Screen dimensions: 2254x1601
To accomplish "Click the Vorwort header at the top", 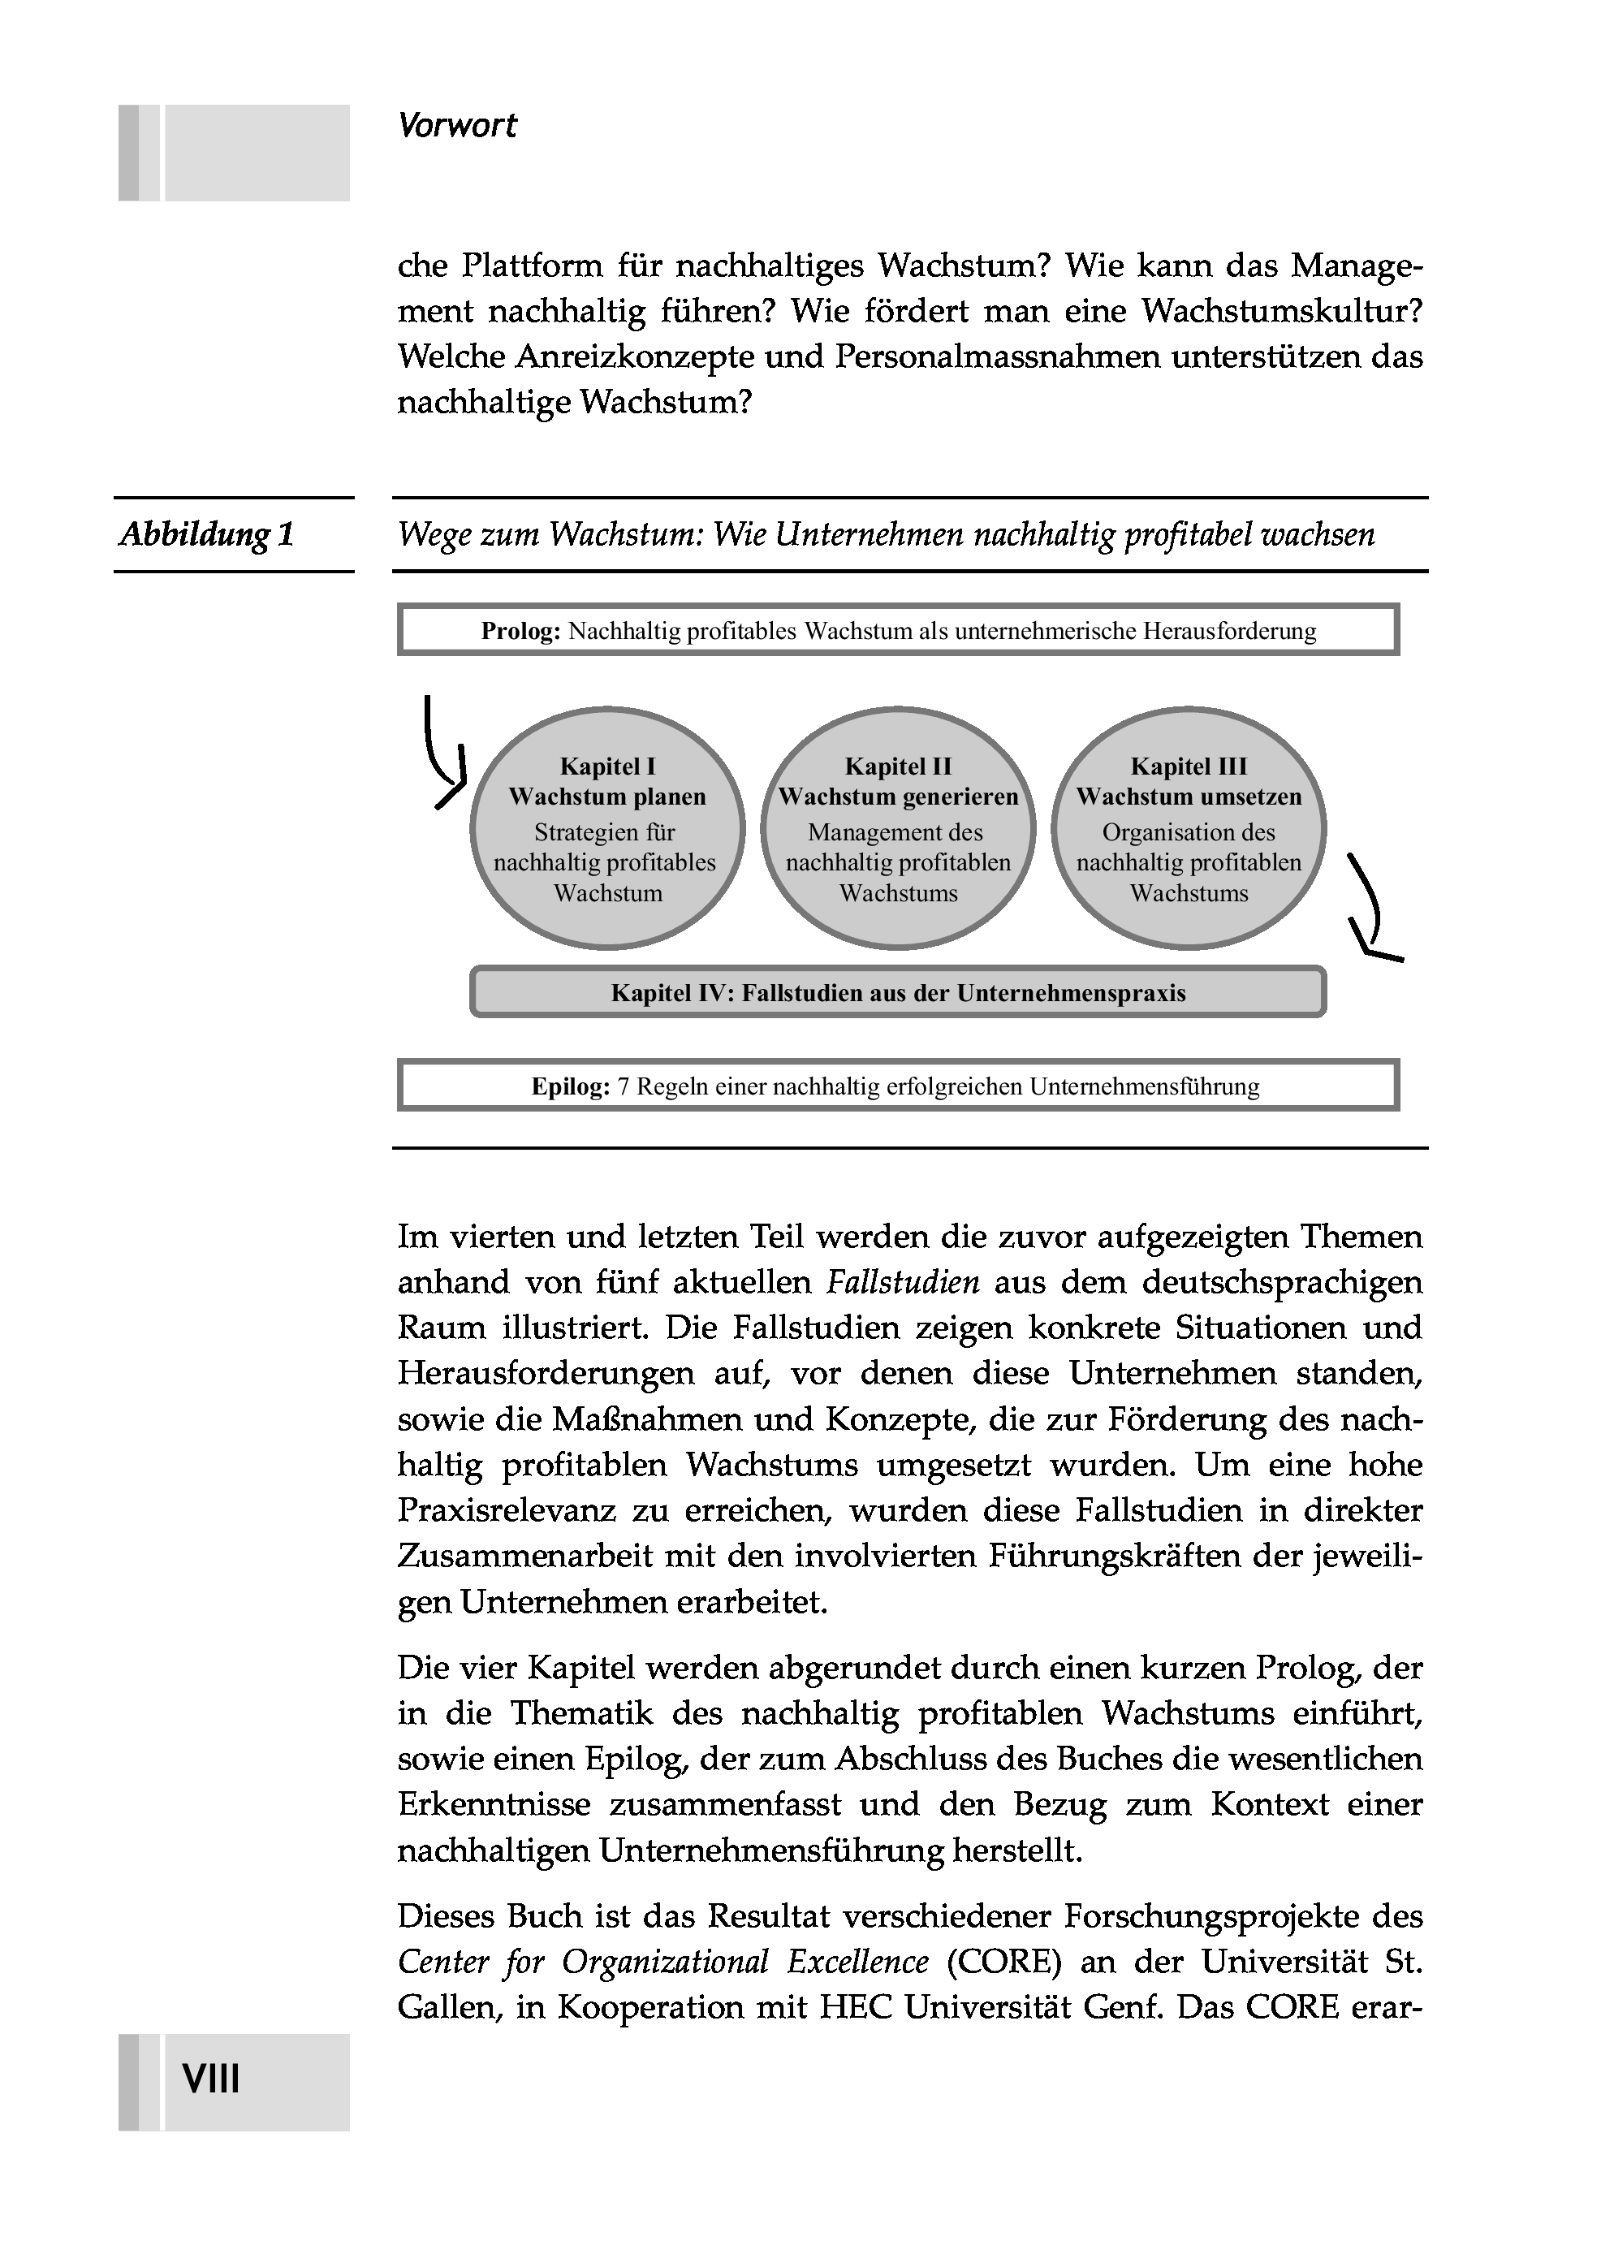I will click(x=456, y=126).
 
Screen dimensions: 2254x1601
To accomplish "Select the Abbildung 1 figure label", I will click(x=207, y=534).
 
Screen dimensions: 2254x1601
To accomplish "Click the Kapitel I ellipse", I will click(x=607, y=828).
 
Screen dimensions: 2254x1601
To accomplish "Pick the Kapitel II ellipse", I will click(x=898, y=828).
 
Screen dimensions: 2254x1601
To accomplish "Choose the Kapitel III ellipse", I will click(x=1189, y=828).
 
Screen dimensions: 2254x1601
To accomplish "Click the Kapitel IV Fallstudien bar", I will click(x=898, y=992).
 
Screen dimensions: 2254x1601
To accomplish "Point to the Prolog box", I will click(x=898, y=631).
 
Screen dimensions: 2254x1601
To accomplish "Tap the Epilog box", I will click(x=898, y=1086).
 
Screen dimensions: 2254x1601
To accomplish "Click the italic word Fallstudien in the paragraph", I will click(x=903, y=1283).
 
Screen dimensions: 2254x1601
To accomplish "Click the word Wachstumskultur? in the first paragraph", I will click(x=1282, y=312).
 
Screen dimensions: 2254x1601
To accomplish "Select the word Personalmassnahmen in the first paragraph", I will click(x=998, y=357).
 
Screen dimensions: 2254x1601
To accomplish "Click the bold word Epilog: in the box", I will click(x=571, y=1086).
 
